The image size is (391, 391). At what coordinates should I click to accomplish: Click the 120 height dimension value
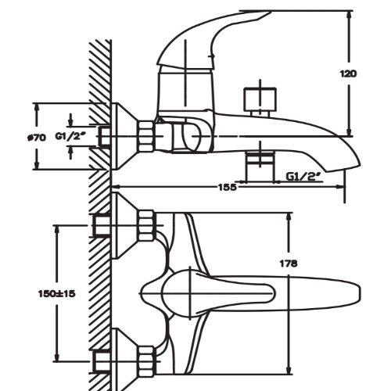(x=348, y=74)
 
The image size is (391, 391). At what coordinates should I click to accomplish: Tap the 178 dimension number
(x=289, y=264)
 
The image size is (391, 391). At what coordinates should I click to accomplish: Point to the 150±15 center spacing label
(x=57, y=294)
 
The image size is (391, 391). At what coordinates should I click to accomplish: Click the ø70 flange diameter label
(x=37, y=138)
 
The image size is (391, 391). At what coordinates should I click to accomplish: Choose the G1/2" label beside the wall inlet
(x=70, y=136)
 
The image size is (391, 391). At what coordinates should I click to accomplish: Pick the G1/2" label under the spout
(x=303, y=177)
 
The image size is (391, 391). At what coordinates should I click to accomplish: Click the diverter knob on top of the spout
(x=260, y=99)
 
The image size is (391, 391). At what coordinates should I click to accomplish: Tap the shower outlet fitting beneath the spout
(x=260, y=166)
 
